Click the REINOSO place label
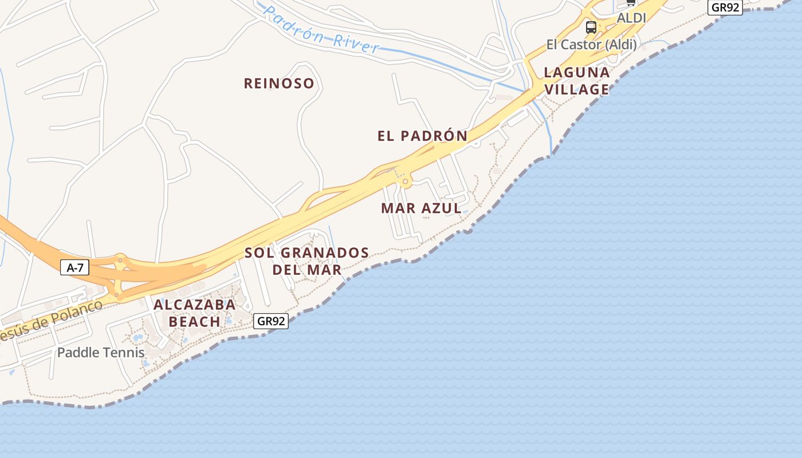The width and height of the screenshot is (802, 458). (279, 84)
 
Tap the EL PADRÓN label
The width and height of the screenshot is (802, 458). (422, 136)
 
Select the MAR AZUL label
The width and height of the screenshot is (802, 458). (421, 208)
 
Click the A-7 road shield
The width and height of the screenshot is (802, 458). (75, 267)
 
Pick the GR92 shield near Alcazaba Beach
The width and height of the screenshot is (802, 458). (271, 321)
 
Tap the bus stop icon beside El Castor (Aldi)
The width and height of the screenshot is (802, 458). (591, 27)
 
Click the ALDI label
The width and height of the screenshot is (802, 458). (631, 18)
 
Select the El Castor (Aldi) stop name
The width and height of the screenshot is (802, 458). (591, 45)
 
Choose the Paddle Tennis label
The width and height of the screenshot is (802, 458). (101, 353)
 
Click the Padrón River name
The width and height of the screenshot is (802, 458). (321, 29)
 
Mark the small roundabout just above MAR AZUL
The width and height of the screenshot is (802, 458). (406, 182)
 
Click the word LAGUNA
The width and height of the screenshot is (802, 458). (576, 73)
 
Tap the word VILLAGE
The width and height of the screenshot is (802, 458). (576, 90)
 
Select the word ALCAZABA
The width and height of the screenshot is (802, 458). (194, 305)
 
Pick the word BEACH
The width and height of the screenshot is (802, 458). (194, 322)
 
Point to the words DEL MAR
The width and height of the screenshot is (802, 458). (306, 269)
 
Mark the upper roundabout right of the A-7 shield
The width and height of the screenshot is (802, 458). (120, 259)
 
